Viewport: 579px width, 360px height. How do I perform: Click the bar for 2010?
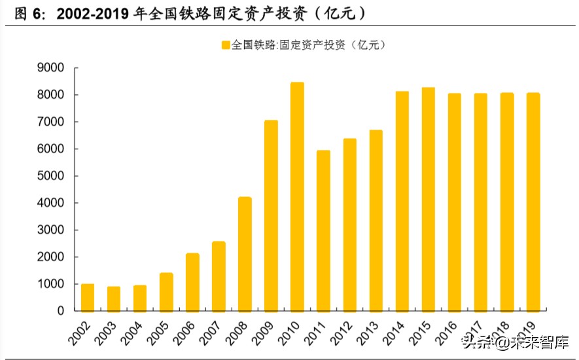pos(297,197)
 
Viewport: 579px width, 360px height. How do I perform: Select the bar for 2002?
pos(88,298)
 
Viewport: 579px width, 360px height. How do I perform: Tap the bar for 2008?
pos(245,254)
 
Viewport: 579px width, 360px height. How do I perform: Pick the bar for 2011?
pos(323,231)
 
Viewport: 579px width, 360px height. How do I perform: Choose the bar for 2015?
pos(428,200)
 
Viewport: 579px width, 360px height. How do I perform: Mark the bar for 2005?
pos(166,292)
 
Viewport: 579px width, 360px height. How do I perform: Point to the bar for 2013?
pos(376,221)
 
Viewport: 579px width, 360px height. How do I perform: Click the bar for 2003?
pos(114,299)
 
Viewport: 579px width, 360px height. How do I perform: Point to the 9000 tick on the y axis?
pos(50,68)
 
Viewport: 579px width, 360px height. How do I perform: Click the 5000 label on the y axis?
pos(50,176)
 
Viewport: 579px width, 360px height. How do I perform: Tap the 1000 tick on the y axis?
pos(50,284)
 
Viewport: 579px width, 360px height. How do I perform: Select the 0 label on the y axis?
pos(60,311)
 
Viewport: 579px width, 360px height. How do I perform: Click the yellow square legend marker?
pos(226,45)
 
